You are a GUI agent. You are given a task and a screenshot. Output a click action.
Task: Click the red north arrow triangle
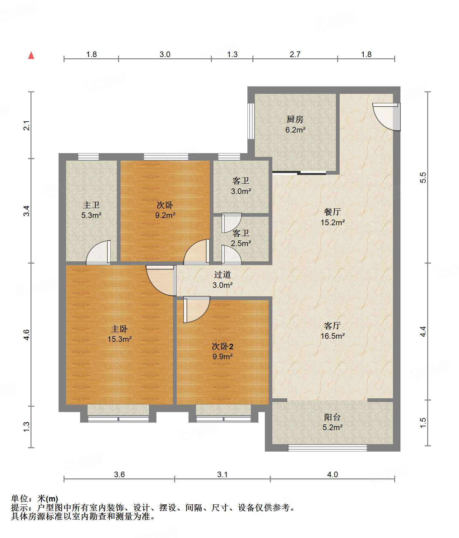31,55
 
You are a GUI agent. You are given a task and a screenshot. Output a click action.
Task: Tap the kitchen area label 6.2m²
295,130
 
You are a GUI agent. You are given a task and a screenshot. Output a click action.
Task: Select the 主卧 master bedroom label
119,329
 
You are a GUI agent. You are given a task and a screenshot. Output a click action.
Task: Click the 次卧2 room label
222,346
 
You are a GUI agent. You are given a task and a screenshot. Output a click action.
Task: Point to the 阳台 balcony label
332,417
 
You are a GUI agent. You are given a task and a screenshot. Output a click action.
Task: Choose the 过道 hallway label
222,274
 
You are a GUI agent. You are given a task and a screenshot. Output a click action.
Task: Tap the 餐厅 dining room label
332,212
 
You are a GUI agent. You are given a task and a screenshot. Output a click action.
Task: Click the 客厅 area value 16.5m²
332,336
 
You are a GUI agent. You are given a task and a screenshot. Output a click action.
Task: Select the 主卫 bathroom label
91,205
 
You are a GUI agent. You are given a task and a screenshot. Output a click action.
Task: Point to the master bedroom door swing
160,280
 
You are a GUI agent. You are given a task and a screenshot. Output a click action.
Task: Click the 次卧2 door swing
197,309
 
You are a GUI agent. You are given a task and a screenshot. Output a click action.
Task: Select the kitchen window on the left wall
251,120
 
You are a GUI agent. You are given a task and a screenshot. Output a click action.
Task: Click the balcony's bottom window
328,448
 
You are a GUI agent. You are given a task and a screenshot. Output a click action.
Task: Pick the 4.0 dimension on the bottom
332,475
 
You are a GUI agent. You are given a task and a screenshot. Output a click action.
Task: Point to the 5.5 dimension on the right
423,177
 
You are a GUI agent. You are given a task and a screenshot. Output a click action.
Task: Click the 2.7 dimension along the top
295,55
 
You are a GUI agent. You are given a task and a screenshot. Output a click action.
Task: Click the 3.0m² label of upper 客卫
241,191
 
